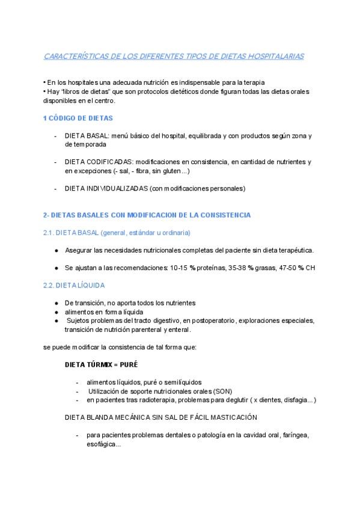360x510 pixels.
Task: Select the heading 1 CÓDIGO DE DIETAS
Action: coord(78,118)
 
